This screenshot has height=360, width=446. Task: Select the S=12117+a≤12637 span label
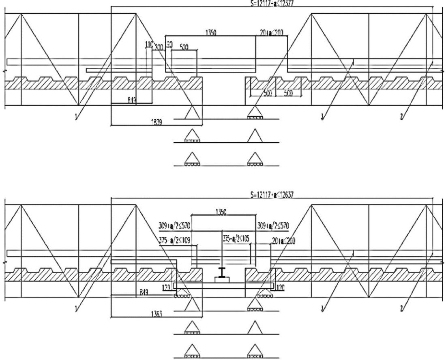pos(272,194)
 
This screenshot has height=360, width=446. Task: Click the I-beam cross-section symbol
pos(222,272)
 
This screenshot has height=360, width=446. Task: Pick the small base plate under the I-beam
pos(222,279)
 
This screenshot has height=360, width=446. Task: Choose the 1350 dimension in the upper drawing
pos(210,33)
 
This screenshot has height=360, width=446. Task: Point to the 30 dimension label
pos(168,43)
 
